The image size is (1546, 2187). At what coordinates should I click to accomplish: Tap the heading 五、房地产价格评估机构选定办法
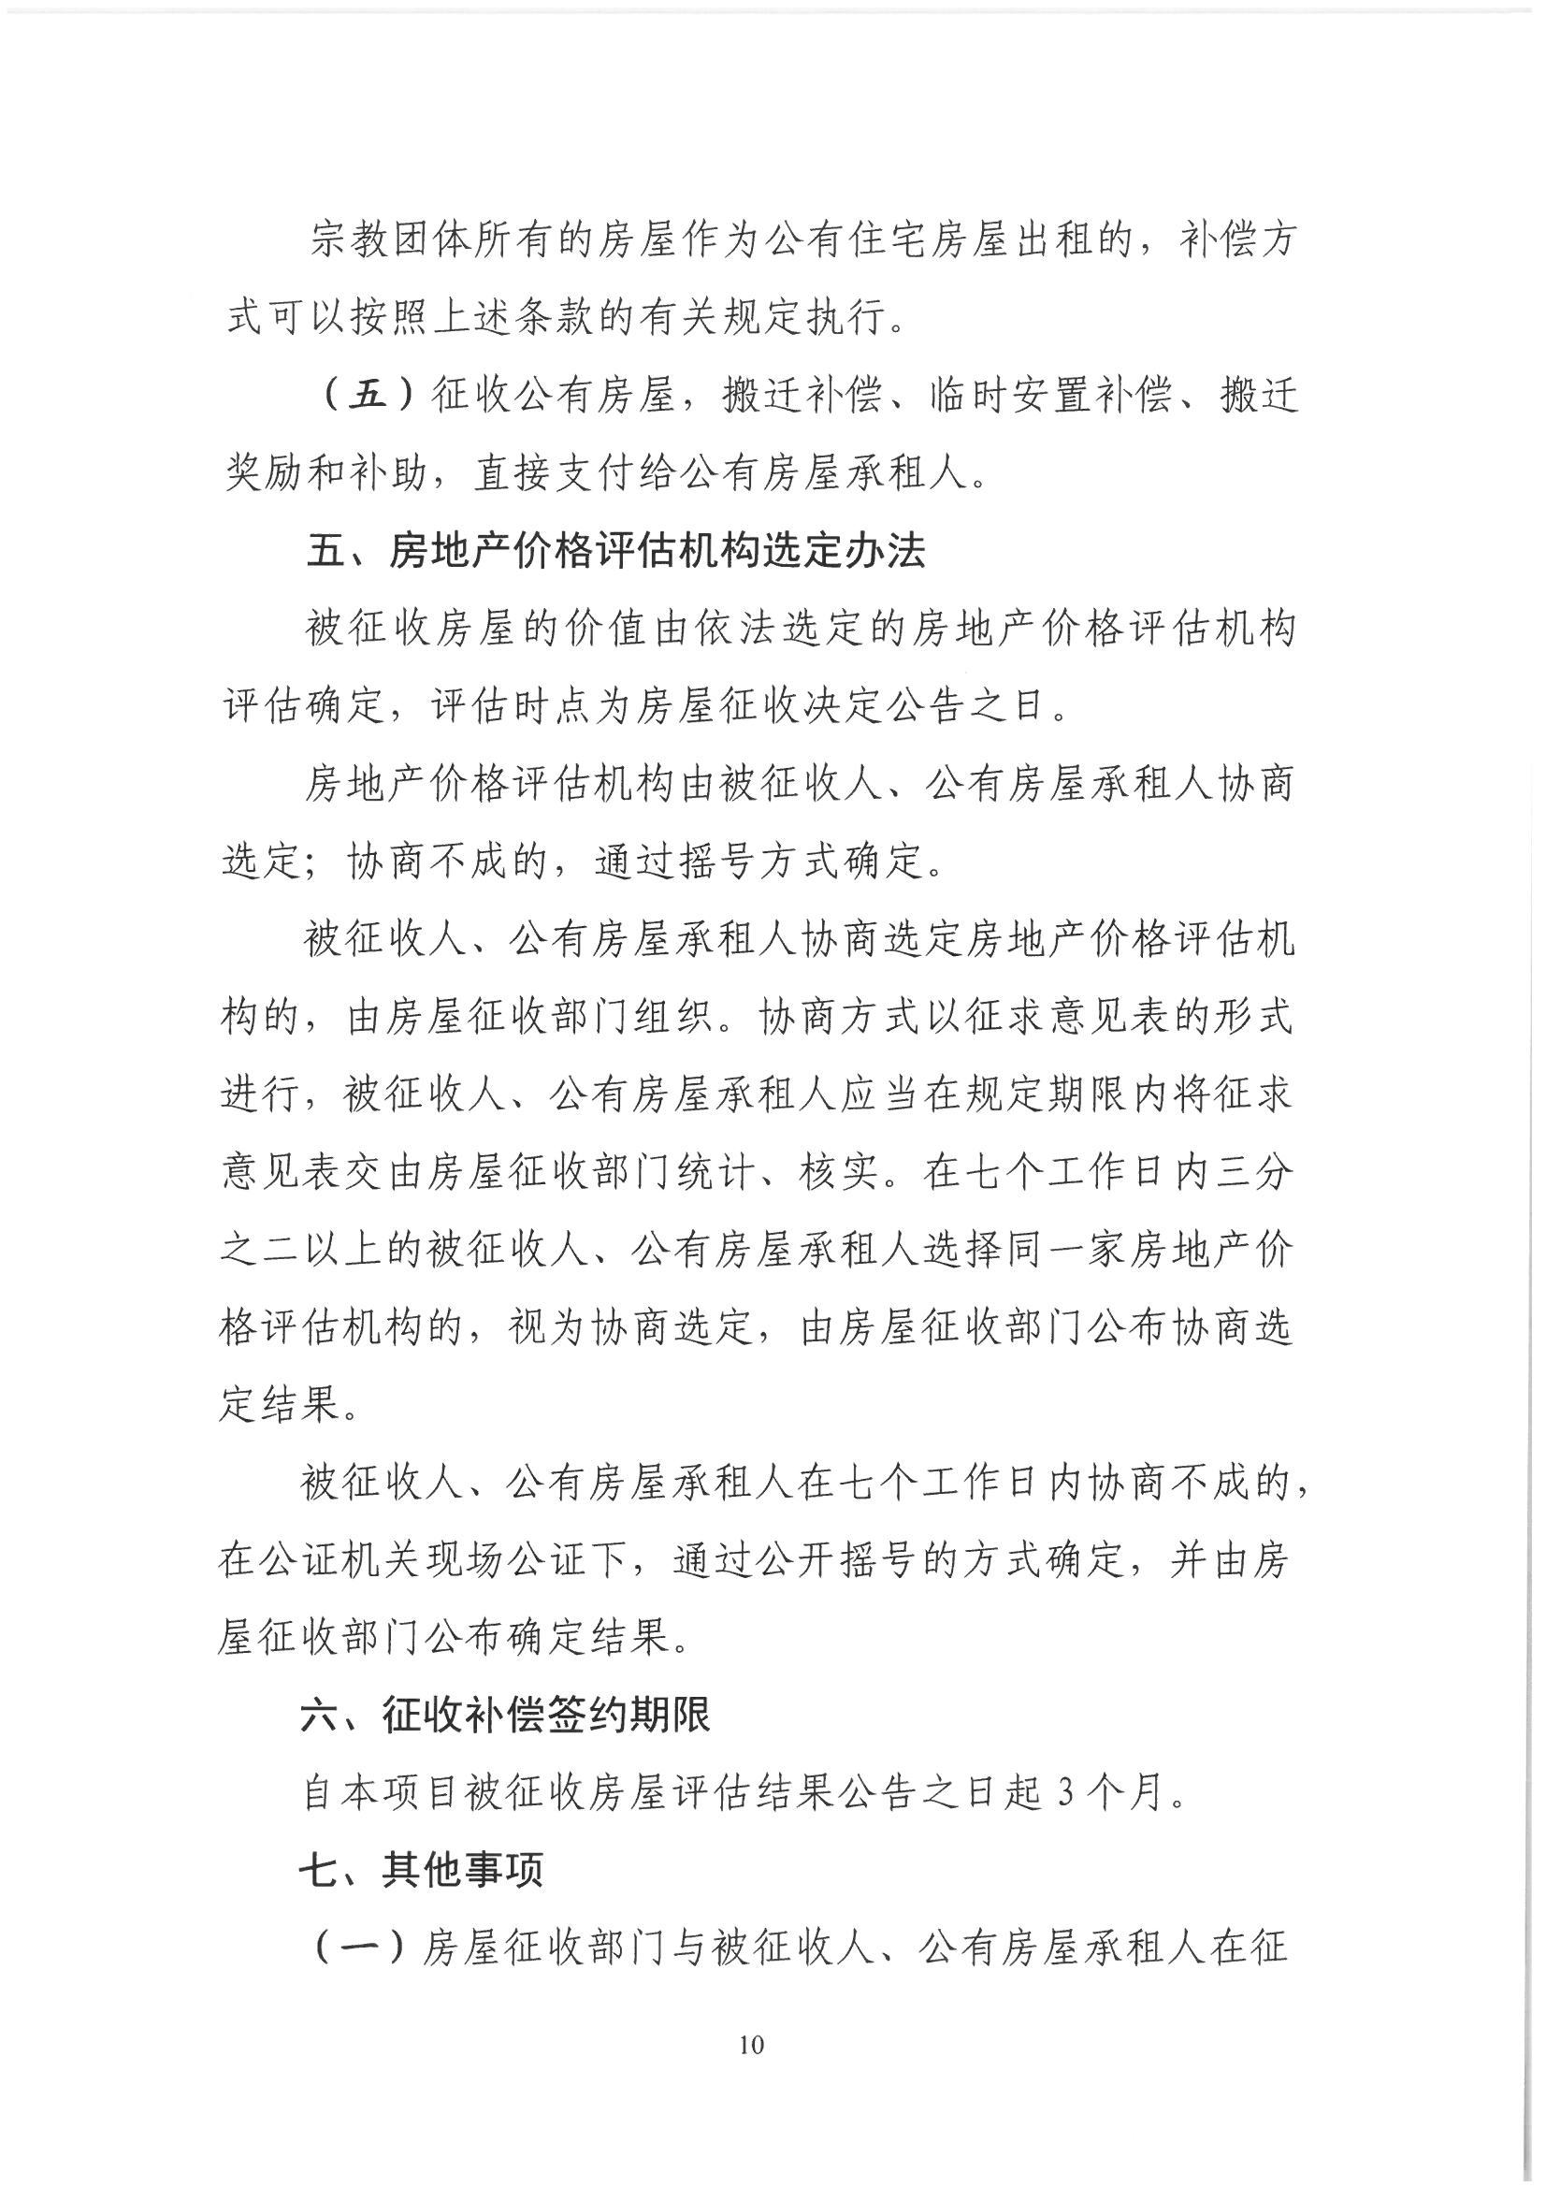tap(615, 552)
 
